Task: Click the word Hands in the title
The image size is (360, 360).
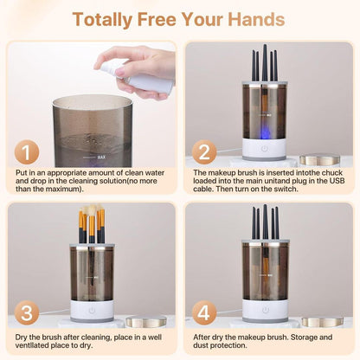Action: point(252,19)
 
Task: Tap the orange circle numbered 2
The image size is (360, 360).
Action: point(203,152)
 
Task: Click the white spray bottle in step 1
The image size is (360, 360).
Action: point(138,78)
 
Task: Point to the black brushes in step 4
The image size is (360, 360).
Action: point(264,223)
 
